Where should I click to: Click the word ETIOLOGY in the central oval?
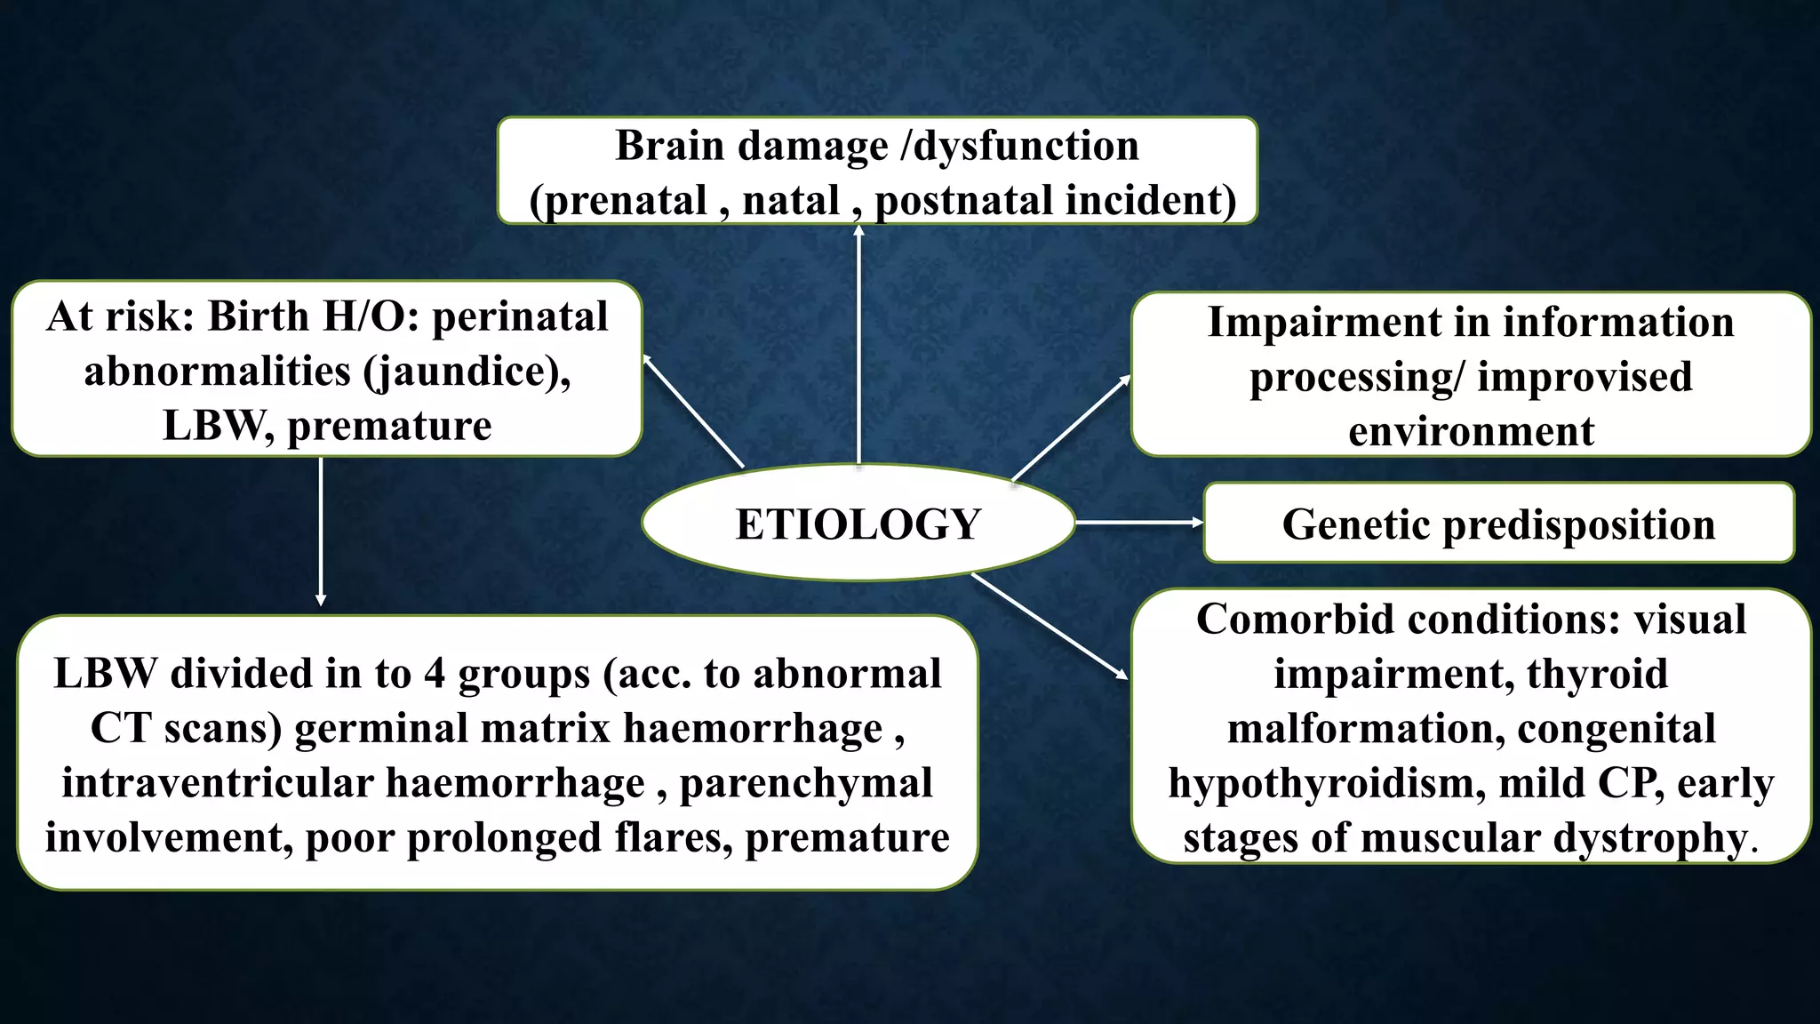click(x=858, y=524)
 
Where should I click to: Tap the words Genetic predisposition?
click(x=1498, y=524)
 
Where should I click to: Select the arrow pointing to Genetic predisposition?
click(x=1137, y=523)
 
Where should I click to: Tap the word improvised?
click(x=1585, y=377)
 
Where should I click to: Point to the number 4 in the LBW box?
click(x=434, y=674)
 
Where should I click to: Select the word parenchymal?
click(x=806, y=783)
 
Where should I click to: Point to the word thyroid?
click(x=1597, y=674)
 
